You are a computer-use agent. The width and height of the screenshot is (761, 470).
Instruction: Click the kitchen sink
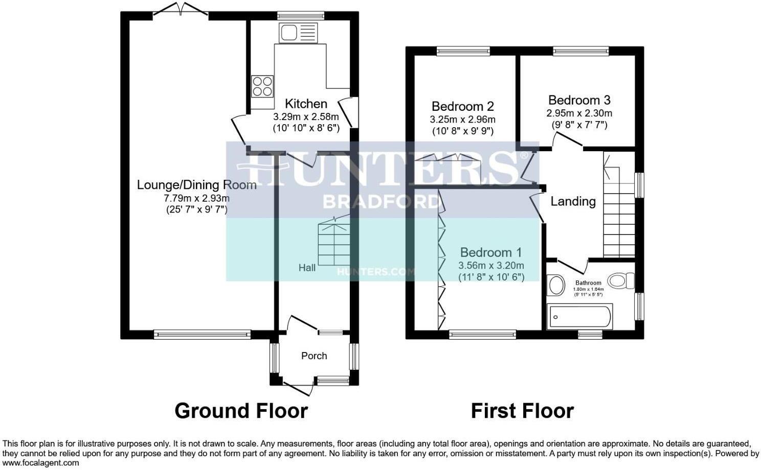(x=298, y=33)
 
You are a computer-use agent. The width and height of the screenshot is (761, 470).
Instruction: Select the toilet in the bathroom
(x=621, y=280)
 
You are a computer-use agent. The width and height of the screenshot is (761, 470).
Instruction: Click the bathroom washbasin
(x=555, y=286)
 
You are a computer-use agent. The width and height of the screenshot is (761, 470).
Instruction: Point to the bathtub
(x=579, y=317)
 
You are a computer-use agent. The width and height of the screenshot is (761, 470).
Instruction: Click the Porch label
(x=314, y=356)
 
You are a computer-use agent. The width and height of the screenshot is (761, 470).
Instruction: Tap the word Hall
(x=307, y=267)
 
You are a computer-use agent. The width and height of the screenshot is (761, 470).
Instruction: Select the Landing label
(x=573, y=202)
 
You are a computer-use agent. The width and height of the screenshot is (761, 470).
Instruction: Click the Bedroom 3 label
(x=579, y=100)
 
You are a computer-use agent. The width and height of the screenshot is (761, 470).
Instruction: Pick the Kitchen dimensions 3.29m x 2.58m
(x=306, y=116)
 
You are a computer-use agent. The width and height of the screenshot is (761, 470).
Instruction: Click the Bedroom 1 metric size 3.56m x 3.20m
(x=490, y=266)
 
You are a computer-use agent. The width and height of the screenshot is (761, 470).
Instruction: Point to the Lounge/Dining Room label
(x=196, y=185)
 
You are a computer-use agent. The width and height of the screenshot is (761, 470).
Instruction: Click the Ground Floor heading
(x=241, y=411)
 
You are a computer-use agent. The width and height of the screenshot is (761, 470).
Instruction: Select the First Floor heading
(x=522, y=411)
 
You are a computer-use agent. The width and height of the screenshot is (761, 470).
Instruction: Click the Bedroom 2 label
(x=462, y=106)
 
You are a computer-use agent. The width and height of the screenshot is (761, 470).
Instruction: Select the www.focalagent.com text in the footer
(x=41, y=463)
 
